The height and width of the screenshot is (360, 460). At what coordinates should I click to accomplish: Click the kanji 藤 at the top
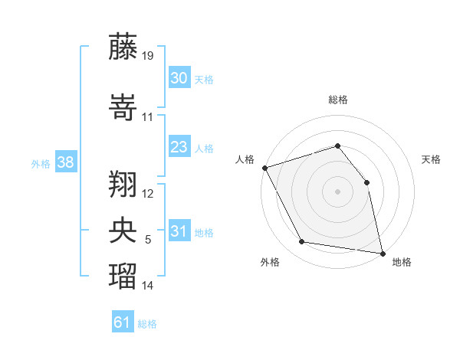[123, 47]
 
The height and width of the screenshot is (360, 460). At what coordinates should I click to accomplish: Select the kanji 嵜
[123, 107]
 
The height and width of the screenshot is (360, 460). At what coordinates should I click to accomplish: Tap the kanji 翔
[123, 184]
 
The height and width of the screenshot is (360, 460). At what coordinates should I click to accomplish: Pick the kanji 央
[123, 230]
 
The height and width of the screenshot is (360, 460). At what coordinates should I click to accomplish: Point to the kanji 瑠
[123, 276]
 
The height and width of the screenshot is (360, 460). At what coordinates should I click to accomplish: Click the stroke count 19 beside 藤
[147, 55]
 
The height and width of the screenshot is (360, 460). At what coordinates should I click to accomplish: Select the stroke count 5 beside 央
[148, 240]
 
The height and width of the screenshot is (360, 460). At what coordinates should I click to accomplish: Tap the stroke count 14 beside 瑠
[147, 285]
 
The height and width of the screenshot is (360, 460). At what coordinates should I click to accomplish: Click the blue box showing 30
[179, 77]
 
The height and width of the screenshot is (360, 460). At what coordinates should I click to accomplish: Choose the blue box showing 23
[179, 146]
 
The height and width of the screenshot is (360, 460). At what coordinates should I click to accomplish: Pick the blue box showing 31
[179, 230]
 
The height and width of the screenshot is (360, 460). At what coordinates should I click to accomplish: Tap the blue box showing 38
[66, 162]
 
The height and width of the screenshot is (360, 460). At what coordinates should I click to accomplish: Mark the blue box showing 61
[123, 321]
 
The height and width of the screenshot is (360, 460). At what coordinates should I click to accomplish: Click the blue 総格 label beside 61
[147, 324]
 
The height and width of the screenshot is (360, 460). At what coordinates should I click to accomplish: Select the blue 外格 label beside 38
[41, 164]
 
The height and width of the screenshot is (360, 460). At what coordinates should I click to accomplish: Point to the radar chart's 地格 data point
[383, 254]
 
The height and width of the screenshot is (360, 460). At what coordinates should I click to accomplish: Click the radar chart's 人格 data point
[265, 168]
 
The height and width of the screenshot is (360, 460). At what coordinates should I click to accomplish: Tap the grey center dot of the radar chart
[337, 191]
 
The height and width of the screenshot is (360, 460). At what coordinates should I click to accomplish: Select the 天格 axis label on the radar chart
[431, 159]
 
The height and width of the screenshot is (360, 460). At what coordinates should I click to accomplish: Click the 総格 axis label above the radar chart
[338, 100]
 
